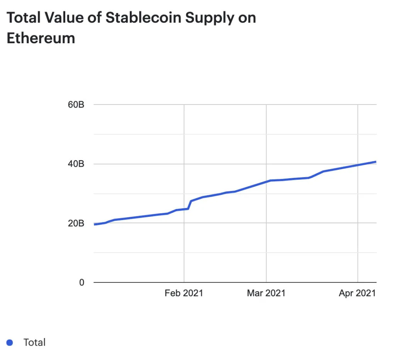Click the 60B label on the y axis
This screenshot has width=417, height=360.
click(x=76, y=105)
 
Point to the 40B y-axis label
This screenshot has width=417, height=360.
click(x=76, y=164)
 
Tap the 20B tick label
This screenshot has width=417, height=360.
click(x=76, y=223)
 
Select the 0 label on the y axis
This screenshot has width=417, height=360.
click(x=81, y=282)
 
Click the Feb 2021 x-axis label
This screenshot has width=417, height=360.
click(x=184, y=293)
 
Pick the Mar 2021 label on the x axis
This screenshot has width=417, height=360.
click(x=266, y=293)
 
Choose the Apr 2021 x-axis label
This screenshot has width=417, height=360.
click(x=357, y=293)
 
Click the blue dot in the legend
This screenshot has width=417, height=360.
click(x=10, y=342)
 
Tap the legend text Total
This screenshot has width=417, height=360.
click(x=34, y=342)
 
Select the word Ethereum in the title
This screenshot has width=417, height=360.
click(x=41, y=38)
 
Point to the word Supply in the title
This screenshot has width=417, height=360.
click(x=203, y=19)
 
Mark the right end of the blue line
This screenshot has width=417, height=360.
click(x=376, y=162)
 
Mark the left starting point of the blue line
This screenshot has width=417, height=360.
click(x=95, y=224)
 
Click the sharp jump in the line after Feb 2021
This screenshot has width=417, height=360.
click(x=190, y=205)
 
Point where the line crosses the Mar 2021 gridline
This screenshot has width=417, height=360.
click(x=266, y=181)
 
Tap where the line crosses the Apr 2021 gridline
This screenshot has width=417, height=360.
click(x=358, y=165)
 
